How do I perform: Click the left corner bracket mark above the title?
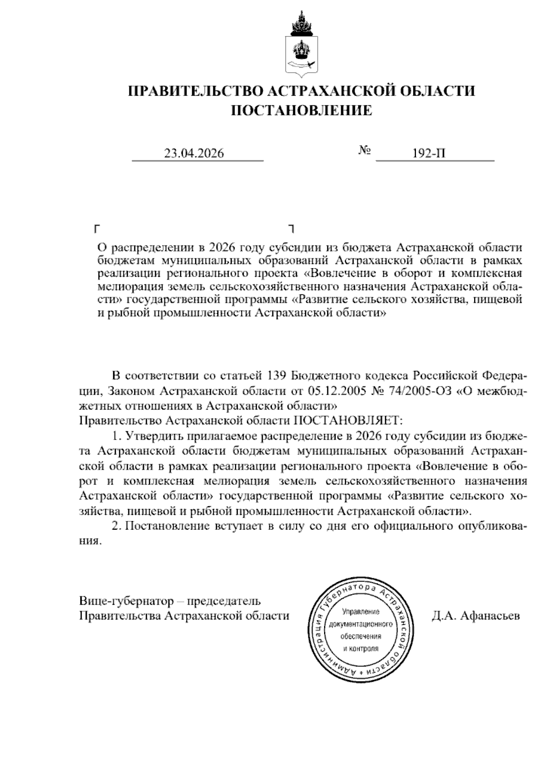coord(97,228)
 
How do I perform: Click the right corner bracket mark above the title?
coord(291,228)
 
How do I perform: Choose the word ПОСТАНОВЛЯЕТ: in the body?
coord(349,421)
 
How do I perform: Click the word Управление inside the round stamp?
coord(361,612)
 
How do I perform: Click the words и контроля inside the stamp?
coord(361,649)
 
